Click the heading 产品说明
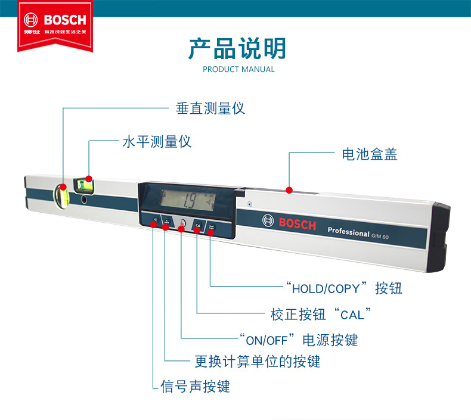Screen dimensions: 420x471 [x=237, y=48]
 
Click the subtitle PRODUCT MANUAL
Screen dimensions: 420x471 [x=238, y=69]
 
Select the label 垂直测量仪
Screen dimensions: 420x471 [x=210, y=108]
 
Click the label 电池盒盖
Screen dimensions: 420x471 [x=370, y=154]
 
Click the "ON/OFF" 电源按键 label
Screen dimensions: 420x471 [x=298, y=340]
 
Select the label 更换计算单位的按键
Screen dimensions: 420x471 [x=258, y=361]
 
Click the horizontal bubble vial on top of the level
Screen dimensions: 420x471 [x=85, y=183]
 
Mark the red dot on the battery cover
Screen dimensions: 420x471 [x=289, y=190]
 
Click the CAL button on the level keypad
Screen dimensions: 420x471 [x=198, y=226]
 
